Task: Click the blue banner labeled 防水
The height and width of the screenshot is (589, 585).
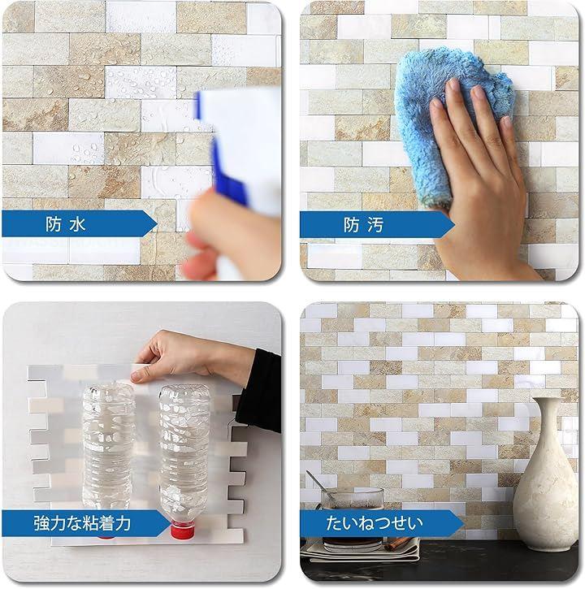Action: [x=79, y=224]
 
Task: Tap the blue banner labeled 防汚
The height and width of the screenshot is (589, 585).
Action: [x=377, y=224]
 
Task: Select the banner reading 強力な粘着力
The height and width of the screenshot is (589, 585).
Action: [x=85, y=523]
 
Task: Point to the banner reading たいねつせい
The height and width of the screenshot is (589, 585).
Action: [x=382, y=523]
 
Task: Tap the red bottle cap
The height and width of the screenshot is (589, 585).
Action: [x=182, y=531]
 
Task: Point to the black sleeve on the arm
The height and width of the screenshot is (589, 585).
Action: [x=259, y=391]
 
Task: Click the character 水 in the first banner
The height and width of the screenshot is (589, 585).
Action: [x=77, y=224]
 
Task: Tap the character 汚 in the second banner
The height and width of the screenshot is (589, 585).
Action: [x=375, y=225]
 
